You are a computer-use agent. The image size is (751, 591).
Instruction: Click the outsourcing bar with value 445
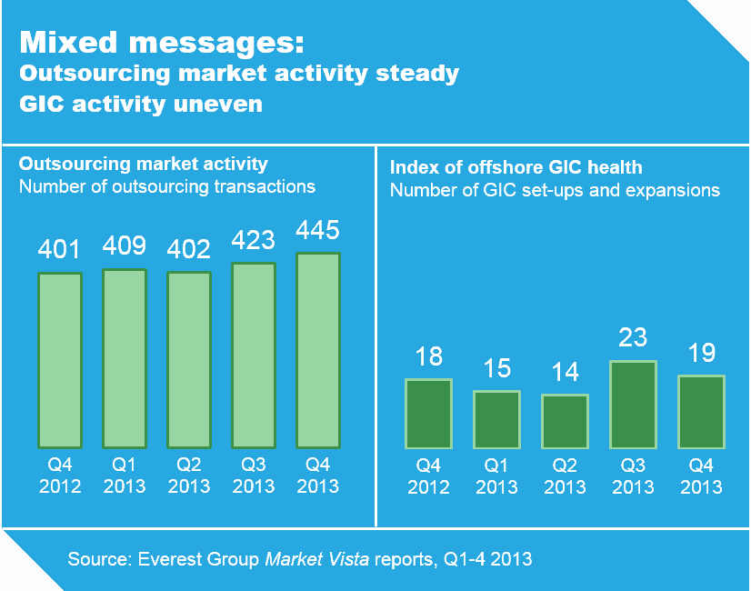coord(318,351)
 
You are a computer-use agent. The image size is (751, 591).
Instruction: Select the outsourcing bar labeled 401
coord(60,360)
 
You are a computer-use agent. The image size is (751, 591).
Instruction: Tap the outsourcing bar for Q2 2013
coord(189,360)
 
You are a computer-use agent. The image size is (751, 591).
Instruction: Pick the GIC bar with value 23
coord(633,405)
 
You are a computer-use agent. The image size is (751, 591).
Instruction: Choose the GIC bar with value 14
coord(565,421)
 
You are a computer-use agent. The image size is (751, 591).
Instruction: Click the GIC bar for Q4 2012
coord(428,414)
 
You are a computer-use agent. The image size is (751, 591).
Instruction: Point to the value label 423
coord(254,240)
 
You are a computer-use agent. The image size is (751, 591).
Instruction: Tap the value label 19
coord(701,353)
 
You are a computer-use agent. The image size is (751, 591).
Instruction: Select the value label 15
coord(496,369)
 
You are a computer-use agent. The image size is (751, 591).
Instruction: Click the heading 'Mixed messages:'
coord(162,42)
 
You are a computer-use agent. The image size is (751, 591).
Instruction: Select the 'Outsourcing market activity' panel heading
coord(144,165)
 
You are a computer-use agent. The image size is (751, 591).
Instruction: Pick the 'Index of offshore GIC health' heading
coord(516,167)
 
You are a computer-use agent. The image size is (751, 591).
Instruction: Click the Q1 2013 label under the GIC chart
coord(496,476)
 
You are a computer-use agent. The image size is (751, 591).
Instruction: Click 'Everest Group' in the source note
coord(196,559)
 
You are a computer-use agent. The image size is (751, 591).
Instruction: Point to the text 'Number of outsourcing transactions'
coord(167,187)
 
